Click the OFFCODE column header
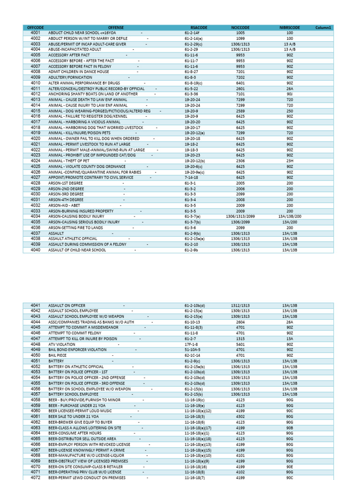(x=35, y=28)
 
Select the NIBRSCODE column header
(x=289, y=28)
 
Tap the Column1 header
(x=323, y=28)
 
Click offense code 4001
(x=35, y=33)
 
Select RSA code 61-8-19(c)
(x=194, y=82)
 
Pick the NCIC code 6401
(x=240, y=82)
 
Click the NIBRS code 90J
(x=289, y=93)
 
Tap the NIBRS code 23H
(x=289, y=161)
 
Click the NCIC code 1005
(x=240, y=33)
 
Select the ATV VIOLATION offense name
(x=61, y=344)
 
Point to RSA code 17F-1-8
(x=192, y=344)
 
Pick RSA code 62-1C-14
(x=192, y=356)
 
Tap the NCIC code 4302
(x=240, y=416)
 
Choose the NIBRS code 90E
(x=289, y=466)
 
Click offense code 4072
(x=35, y=478)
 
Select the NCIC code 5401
(x=240, y=344)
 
